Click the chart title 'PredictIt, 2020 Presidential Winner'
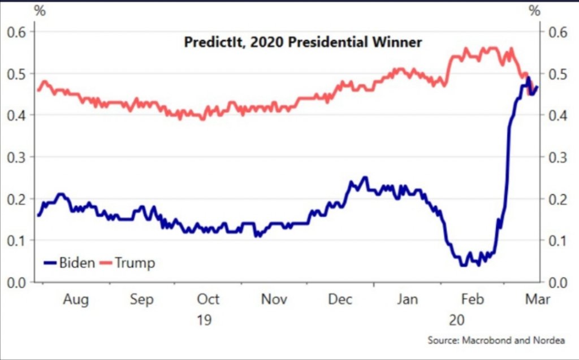(303, 42)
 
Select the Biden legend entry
(70, 263)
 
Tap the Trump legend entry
(128, 263)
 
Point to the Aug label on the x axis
(75, 300)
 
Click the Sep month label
(141, 300)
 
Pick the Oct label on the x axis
(208, 300)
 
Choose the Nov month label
(274, 300)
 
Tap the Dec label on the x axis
(340, 300)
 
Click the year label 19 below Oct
(204, 320)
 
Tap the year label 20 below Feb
(457, 320)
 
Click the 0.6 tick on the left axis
(17, 32)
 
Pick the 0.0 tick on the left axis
(17, 282)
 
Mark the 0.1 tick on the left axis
(17, 240)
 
